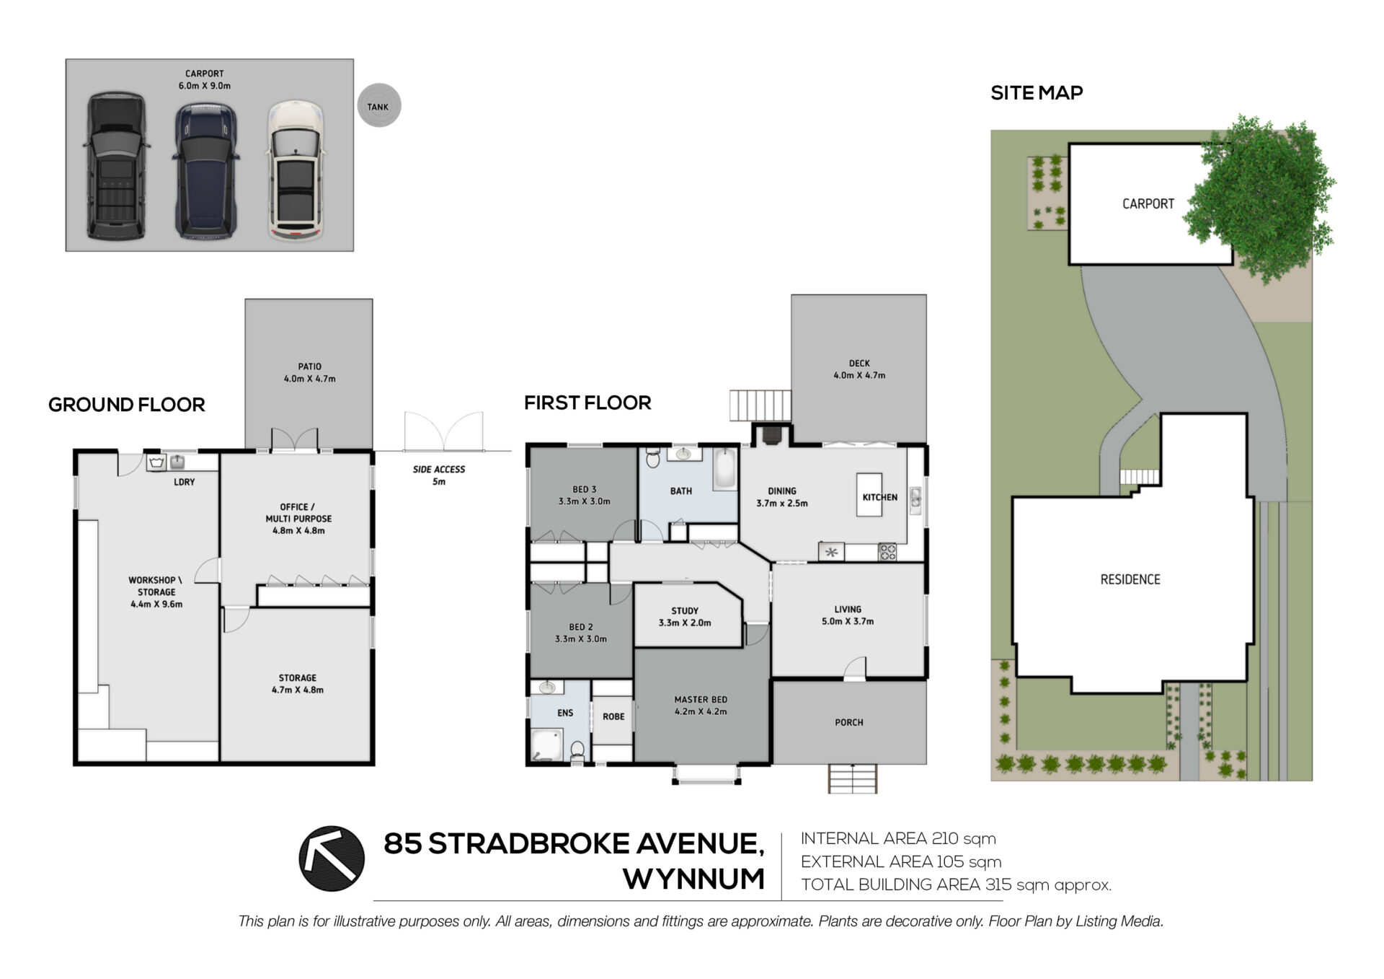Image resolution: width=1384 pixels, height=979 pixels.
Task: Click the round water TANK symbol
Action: (378, 106)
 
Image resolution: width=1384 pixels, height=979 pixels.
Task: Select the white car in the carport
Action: (296, 170)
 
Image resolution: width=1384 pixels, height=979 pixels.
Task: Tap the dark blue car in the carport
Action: (206, 170)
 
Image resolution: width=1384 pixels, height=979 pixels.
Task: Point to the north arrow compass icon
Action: (332, 859)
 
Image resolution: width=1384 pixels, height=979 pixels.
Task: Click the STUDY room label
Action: (685, 610)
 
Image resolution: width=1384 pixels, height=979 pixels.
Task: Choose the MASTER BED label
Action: (701, 699)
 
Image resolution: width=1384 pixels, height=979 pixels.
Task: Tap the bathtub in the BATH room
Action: (724, 468)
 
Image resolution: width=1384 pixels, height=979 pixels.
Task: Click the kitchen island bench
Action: (869, 495)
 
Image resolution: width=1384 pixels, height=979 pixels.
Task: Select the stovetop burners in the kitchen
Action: (887, 552)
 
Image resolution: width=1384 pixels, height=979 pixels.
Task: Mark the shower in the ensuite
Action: (547, 745)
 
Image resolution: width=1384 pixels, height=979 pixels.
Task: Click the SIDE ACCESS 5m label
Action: (439, 475)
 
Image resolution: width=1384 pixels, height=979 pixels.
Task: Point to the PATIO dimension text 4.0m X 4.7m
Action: (310, 378)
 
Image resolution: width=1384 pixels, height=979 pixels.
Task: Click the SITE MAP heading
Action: (1037, 92)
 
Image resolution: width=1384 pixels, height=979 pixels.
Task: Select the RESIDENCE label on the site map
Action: (1130, 579)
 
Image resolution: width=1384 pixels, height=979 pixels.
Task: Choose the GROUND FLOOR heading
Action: (127, 405)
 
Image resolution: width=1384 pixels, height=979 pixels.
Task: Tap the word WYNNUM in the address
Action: (694, 879)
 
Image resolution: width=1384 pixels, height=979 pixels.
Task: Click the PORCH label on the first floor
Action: (849, 722)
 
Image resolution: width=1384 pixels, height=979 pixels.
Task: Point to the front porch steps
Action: (853, 778)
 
